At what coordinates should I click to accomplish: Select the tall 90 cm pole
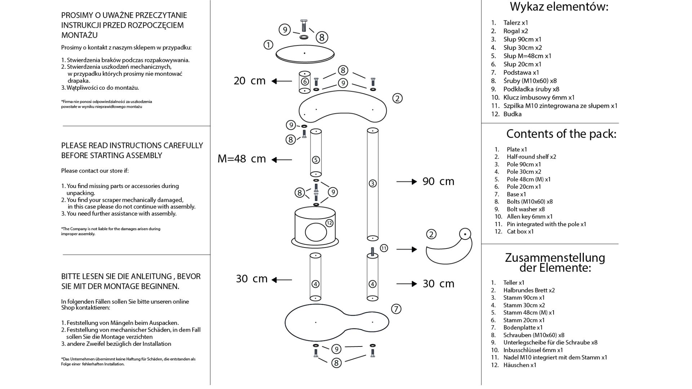coord(373,184)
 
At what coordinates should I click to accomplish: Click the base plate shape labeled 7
coord(337,323)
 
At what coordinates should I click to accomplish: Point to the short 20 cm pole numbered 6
coord(305,82)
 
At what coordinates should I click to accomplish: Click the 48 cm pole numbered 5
coord(316,152)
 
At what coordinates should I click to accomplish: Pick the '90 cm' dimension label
coord(438,181)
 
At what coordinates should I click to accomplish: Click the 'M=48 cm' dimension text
coord(241,159)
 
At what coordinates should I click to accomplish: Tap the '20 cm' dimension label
coord(249,81)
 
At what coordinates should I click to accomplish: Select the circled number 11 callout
coord(384,248)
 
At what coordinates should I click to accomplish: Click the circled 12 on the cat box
coord(329,223)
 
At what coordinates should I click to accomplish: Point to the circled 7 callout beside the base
coord(396,309)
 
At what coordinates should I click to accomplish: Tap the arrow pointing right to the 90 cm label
coord(407,182)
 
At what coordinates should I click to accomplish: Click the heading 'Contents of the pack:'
coord(561,134)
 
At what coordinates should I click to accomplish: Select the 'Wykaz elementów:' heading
coord(559,7)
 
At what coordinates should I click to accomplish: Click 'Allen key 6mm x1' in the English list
coord(529,216)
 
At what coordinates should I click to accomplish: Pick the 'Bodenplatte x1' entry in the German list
coord(523,327)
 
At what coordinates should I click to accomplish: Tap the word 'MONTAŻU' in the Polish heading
coord(79,35)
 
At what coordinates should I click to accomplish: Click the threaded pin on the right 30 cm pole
coord(373,251)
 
